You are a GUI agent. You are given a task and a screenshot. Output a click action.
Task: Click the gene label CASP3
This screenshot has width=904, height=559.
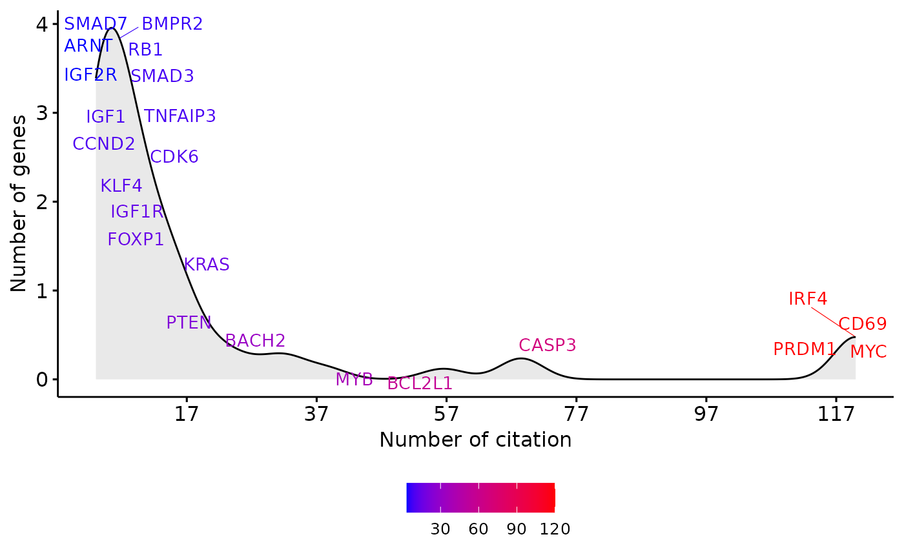547,345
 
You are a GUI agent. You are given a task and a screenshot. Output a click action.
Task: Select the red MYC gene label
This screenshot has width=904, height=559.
868,352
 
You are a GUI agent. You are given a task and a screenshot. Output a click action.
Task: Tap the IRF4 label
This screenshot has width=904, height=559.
808,299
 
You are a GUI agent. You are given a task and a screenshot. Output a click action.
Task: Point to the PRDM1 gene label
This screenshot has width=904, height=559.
804,349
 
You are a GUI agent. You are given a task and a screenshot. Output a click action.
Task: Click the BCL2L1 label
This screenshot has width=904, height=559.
420,383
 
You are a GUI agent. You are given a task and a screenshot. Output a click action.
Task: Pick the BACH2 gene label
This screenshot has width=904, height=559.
255,341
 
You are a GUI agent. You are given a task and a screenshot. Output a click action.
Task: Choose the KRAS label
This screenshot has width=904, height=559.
207,265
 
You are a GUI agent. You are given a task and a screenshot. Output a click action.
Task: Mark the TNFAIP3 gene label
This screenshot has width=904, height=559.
180,116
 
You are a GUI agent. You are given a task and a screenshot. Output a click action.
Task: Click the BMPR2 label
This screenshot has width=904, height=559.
172,24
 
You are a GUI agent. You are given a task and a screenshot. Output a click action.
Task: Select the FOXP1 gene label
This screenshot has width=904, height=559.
136,239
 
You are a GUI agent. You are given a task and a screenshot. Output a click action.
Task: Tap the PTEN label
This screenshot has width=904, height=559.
189,323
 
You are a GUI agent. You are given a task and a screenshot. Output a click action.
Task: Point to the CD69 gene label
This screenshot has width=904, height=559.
863,324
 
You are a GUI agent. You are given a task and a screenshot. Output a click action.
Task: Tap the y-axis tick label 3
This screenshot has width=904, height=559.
43,113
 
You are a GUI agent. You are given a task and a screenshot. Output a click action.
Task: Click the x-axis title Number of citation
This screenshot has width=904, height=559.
475,440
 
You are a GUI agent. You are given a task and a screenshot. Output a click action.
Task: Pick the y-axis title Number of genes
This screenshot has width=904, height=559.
19,203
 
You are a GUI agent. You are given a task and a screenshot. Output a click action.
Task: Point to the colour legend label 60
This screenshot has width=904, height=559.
478,529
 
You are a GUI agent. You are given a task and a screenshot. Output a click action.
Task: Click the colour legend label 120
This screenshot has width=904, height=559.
555,529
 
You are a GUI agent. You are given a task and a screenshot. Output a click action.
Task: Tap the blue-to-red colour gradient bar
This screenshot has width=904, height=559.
480,498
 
